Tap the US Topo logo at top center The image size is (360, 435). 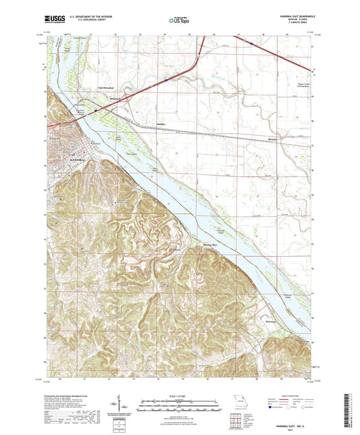click(x=179, y=21)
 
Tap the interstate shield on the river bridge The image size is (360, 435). click(x=96, y=106)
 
